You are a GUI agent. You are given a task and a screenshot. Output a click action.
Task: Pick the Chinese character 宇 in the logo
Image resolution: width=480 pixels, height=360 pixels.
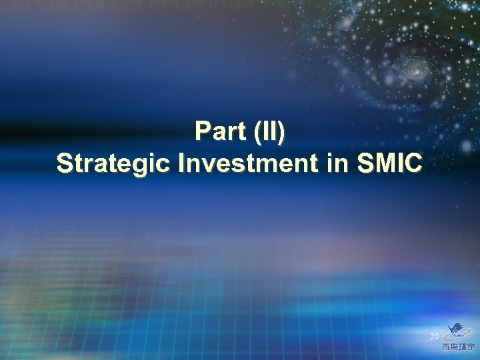coord(469,345)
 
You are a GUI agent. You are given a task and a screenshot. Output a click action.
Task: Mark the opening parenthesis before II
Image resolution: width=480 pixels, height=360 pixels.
coord(257,133)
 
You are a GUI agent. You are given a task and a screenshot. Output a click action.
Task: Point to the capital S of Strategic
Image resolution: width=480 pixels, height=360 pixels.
coord(65,163)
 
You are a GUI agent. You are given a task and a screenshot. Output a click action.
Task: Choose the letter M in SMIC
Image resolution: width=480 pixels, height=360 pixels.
coord(383,163)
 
